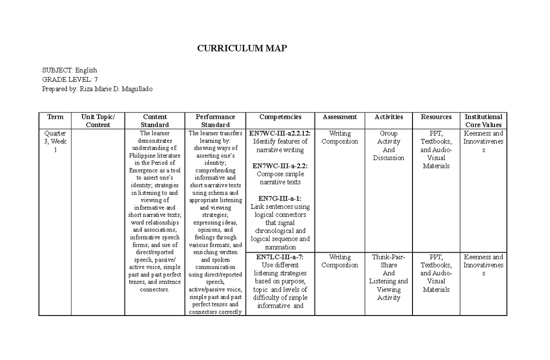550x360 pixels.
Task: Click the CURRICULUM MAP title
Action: point(242,49)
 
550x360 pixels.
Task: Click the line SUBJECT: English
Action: point(70,70)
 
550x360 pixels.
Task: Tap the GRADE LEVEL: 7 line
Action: point(70,79)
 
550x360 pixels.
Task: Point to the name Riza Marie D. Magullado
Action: point(116,89)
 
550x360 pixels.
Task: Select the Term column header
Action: point(55,117)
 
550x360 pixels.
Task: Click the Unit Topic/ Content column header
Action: point(98,121)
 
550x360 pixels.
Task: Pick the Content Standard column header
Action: point(154,121)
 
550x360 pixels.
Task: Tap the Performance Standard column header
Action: point(215,121)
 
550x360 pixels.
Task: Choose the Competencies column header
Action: point(280,117)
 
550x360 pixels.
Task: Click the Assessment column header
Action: point(340,117)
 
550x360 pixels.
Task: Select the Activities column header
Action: point(389,117)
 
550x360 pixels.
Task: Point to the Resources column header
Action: point(436,117)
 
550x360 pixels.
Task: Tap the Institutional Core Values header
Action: point(484,121)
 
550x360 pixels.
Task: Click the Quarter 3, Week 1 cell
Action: point(55,142)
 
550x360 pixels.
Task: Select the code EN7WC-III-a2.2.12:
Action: point(280,133)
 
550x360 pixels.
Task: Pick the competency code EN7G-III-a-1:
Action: point(280,199)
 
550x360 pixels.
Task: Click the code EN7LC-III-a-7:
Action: point(280,257)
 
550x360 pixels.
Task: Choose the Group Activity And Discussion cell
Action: point(389,146)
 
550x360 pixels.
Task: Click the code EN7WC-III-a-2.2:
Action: point(280,166)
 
